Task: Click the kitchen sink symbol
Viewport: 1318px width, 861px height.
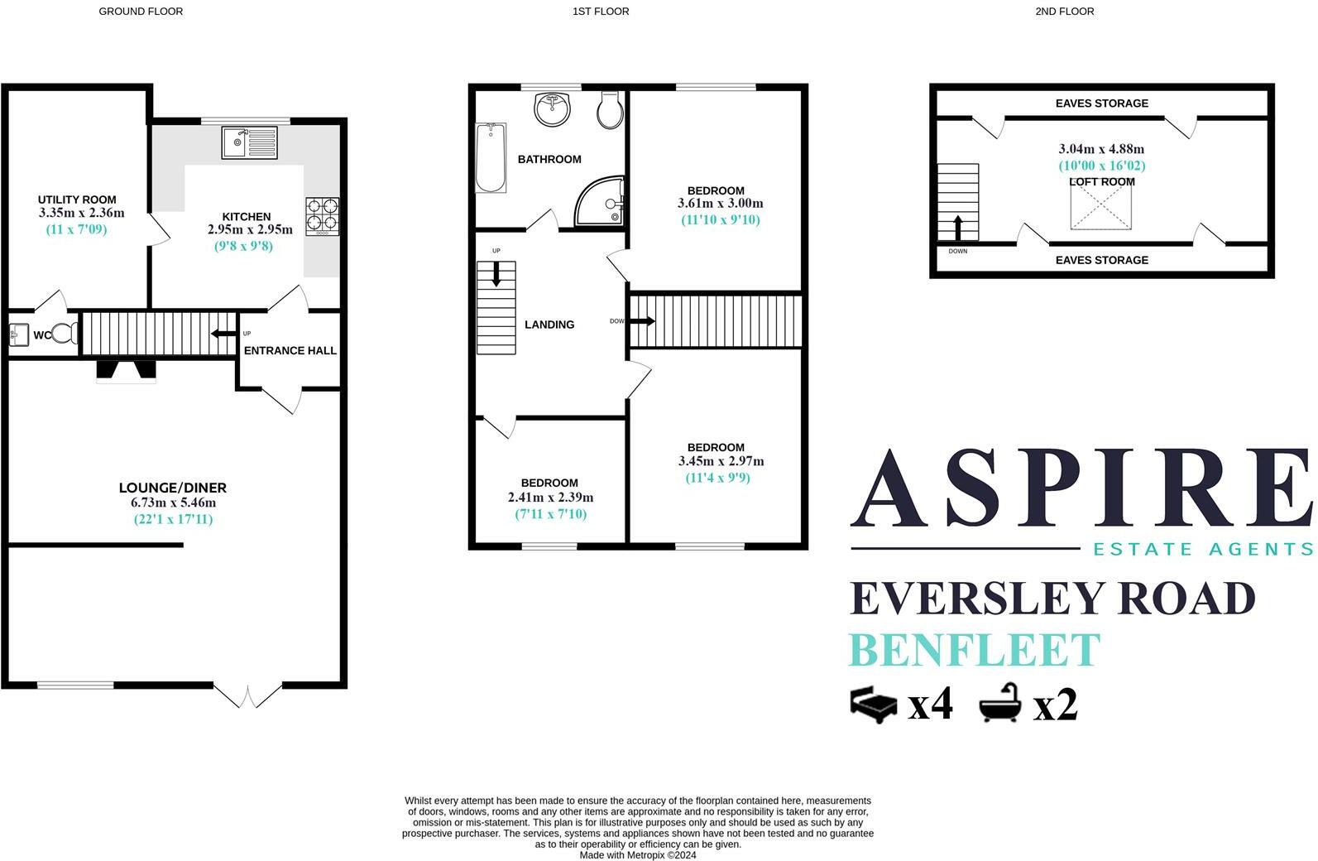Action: (250, 142)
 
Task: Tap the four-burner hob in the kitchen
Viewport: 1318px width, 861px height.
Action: (323, 217)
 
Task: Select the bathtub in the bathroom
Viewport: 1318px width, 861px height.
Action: (491, 158)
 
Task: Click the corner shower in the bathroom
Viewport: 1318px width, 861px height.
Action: (600, 201)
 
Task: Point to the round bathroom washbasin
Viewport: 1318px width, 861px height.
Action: (552, 109)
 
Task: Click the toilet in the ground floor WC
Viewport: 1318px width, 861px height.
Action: (65, 334)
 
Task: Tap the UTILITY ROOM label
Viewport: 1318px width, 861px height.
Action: (77, 200)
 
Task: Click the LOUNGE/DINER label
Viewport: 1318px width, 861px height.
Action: (172, 488)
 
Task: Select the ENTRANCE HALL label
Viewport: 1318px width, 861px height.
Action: (290, 350)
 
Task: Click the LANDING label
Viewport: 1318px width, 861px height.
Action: (549, 325)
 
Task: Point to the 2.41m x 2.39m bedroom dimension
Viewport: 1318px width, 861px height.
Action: (551, 498)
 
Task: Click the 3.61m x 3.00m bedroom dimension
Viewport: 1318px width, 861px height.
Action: (720, 204)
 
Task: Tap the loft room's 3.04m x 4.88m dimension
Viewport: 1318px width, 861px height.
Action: (1101, 149)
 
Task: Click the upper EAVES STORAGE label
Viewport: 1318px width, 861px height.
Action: (1102, 103)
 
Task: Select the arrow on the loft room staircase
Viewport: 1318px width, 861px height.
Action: (958, 228)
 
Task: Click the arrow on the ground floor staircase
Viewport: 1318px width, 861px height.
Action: (223, 334)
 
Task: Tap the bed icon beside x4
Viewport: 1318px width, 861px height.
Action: (874, 705)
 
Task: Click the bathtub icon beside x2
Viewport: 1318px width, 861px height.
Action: (999, 703)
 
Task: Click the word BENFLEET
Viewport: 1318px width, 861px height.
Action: (975, 650)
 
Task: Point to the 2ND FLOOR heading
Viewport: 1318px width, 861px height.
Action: (1064, 12)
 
